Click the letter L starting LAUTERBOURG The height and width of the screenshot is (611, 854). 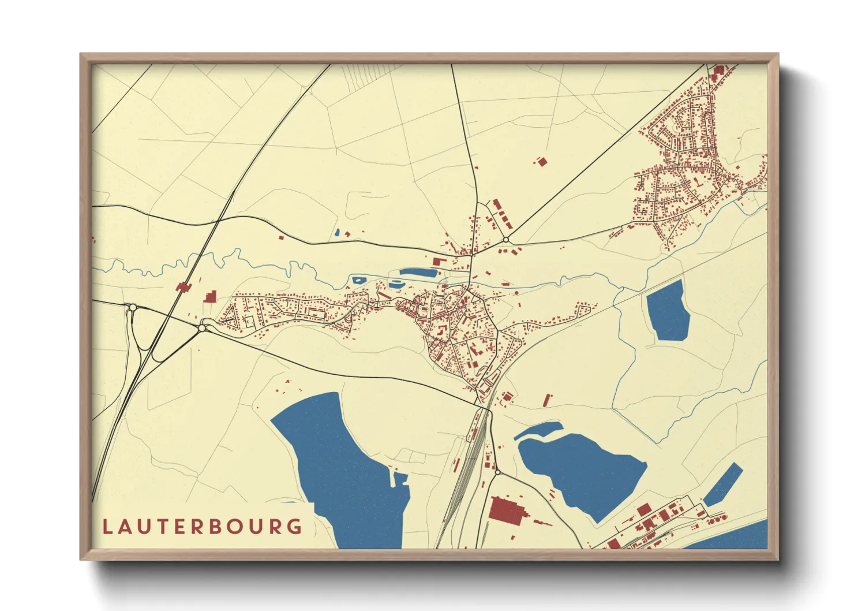pyautogui.click(x=107, y=527)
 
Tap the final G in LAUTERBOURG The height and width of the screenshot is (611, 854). pyautogui.click(x=295, y=527)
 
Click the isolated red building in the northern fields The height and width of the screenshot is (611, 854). pyautogui.click(x=541, y=162)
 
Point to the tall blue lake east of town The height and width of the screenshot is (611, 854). pyautogui.click(x=669, y=311)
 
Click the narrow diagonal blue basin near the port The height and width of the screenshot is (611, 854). pyautogui.click(x=722, y=484)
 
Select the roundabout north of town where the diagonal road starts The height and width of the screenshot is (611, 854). pyautogui.click(x=505, y=240)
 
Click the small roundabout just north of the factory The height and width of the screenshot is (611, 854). pyautogui.click(x=497, y=472)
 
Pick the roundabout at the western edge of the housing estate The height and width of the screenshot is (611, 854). pyautogui.click(x=202, y=328)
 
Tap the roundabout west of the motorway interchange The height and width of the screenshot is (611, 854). pyautogui.click(x=132, y=308)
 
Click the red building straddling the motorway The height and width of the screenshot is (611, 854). pyautogui.click(x=184, y=287)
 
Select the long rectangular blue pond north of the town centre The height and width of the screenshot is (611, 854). pyautogui.click(x=418, y=271)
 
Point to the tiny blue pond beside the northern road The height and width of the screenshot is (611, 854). pyautogui.click(x=336, y=233)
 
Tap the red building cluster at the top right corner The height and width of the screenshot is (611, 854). pyautogui.click(x=719, y=72)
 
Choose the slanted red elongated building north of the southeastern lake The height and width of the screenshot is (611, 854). pyautogui.click(x=546, y=400)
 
